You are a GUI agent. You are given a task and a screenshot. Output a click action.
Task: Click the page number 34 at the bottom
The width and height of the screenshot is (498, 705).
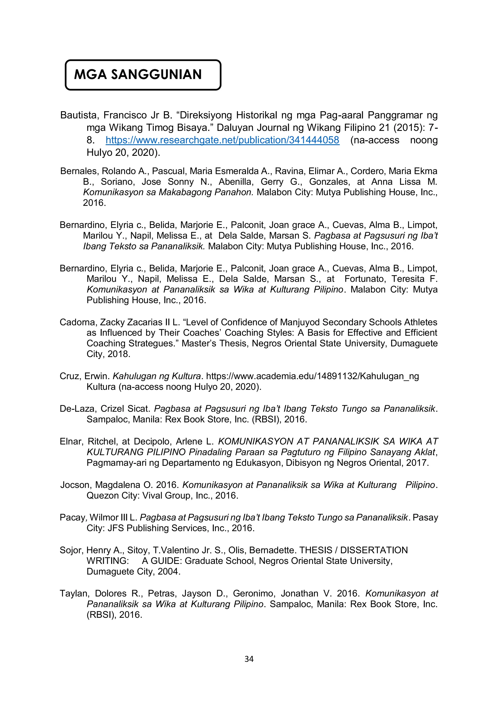pyautogui.click(x=249, y=659)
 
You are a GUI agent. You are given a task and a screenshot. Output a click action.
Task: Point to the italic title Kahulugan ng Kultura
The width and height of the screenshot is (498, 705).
pyautogui.click(x=157, y=376)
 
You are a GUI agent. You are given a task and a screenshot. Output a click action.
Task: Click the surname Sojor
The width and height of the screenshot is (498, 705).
pyautogui.click(x=70, y=550)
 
